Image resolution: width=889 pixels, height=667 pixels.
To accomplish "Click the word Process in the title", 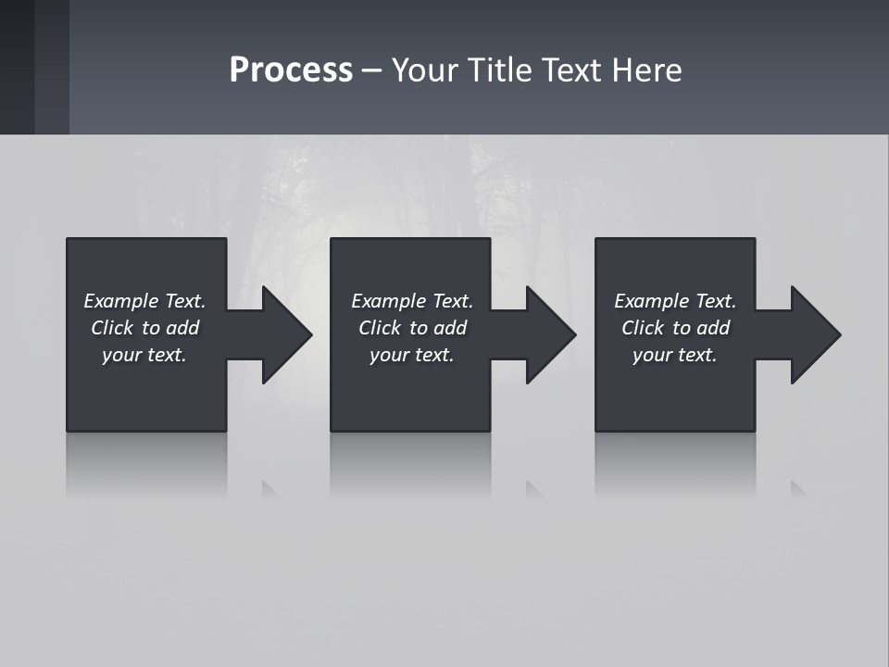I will tap(291, 70).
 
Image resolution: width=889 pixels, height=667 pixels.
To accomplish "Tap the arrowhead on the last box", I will tap(814, 334).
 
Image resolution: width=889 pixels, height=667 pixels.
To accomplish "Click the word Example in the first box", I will tap(121, 301).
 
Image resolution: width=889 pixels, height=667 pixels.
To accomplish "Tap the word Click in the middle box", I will tap(380, 328).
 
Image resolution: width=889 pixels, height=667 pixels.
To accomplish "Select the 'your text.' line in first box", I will tap(144, 355).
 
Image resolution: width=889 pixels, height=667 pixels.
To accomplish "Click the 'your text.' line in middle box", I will tap(412, 355).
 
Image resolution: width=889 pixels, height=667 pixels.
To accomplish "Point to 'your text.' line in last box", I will tap(675, 355).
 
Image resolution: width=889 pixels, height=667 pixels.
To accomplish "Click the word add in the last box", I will tap(713, 328).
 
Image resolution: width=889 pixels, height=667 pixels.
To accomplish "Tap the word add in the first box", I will tap(182, 328).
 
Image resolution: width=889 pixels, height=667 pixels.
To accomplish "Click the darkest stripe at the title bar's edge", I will tap(17, 67).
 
